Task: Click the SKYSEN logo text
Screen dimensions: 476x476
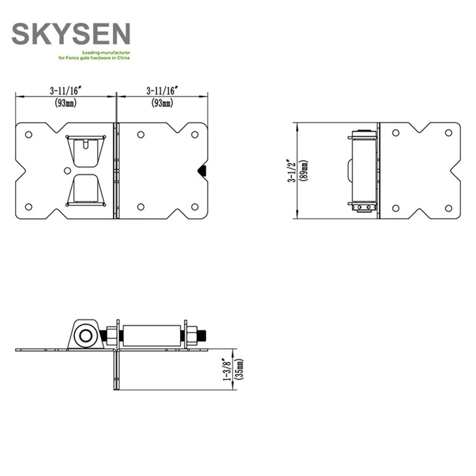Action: pos(71,33)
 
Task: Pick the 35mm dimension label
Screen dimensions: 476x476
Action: pos(240,370)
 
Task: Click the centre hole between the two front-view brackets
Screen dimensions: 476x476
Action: pos(68,171)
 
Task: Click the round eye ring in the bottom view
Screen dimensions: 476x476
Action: pos(83,336)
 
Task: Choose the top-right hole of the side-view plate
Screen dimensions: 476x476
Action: pos(449,133)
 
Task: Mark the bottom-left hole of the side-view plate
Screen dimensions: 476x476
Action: pos(396,208)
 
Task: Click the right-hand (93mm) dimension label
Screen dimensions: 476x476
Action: pos(162,102)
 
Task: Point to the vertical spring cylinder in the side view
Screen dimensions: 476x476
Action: pos(363,171)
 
